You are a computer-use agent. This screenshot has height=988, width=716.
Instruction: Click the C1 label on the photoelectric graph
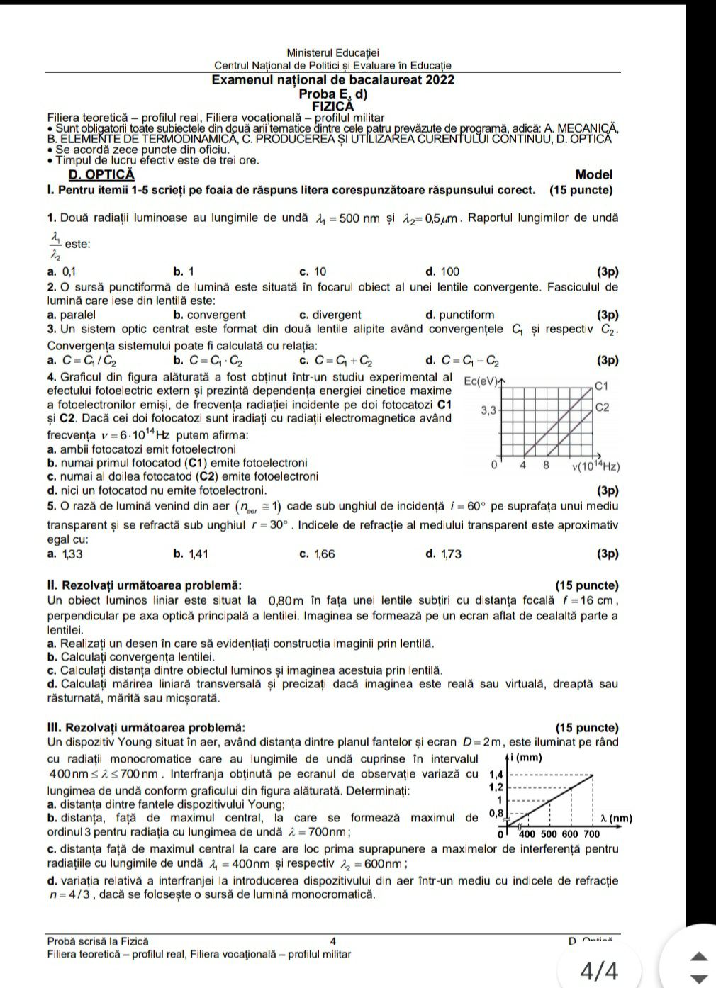pos(602,386)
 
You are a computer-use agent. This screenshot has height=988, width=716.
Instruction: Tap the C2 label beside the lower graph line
pos(602,408)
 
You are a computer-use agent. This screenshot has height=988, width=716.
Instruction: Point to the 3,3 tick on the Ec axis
pos(488,410)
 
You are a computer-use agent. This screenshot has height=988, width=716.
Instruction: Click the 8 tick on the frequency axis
pos(546,466)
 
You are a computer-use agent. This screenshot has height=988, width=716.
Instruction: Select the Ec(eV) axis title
pos(480,381)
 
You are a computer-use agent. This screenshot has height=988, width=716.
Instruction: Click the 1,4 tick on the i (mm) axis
pos(497,775)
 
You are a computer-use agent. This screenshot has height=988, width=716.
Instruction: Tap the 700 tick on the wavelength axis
pos(591,834)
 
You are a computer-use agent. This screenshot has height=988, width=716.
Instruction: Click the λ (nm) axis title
pos(615,819)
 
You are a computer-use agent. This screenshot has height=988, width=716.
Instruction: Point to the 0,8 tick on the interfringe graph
pos(496,813)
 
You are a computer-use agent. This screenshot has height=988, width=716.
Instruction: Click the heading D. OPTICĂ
pos(101,175)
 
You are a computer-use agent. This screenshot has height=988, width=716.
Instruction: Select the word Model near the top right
pos(594,174)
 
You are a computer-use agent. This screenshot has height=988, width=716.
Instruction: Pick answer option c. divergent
pos(330,315)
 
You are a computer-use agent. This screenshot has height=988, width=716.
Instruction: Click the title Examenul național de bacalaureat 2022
pos(333,80)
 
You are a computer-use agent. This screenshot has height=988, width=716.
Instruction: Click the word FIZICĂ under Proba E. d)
pos(333,106)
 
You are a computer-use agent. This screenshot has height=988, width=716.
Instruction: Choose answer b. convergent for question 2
pos(209,315)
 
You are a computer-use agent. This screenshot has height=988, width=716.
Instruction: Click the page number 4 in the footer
pos(332,941)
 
